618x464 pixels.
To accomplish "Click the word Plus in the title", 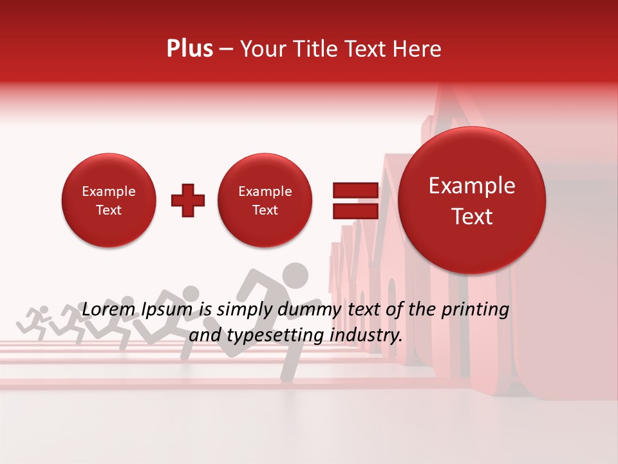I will (189, 49).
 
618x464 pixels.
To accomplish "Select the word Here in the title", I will (418, 49).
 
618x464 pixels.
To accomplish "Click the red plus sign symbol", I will (188, 201).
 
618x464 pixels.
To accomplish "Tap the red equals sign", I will (355, 200).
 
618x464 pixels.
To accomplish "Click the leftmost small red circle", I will (109, 200).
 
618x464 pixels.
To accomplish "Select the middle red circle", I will (265, 200).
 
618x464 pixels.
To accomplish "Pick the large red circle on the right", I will (472, 200).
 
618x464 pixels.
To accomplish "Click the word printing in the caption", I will (474, 309).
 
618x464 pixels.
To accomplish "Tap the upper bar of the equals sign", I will (355, 190).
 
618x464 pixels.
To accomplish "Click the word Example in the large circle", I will (472, 186).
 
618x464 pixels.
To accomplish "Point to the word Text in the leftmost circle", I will (109, 210).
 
